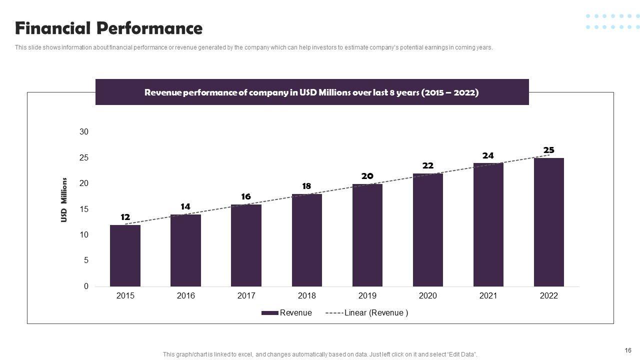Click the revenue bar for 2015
click(125, 255)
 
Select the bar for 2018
click(306, 240)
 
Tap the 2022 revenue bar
click(548, 222)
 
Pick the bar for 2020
click(427, 229)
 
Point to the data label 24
click(488, 155)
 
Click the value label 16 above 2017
click(245, 196)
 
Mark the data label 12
click(125, 217)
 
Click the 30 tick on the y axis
click(83, 132)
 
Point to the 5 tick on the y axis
click(86, 260)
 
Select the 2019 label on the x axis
click(367, 295)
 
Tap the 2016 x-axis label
click(185, 295)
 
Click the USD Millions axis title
click(64, 199)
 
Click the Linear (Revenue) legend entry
click(367, 313)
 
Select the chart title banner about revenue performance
click(311, 92)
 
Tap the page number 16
click(628, 350)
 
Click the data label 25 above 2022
click(548, 150)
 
